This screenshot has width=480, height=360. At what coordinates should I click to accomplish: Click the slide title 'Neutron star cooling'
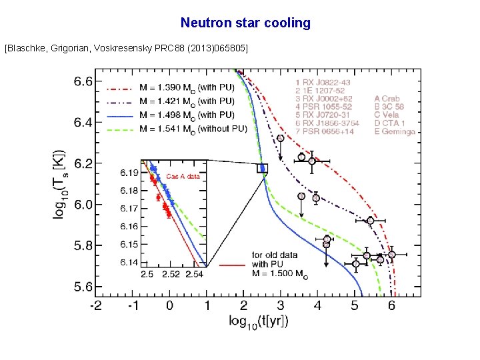[x=245, y=23]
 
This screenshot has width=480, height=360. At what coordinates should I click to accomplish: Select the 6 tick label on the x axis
[x=392, y=305]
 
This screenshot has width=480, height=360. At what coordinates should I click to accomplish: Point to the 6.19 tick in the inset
[x=130, y=173]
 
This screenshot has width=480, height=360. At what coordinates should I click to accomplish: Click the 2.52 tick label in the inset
[x=171, y=274]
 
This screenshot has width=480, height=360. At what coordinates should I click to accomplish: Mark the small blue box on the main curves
[x=262, y=168]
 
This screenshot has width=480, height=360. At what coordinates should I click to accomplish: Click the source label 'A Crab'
[x=388, y=98]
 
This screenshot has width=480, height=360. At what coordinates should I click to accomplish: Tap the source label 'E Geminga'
[x=395, y=131]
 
